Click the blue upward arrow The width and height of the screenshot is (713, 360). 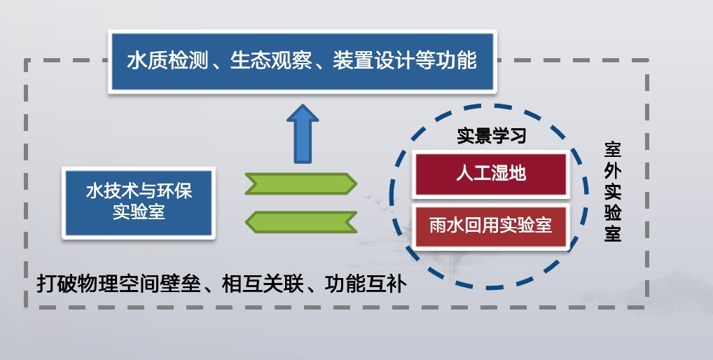[303, 133]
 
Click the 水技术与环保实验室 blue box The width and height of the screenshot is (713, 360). [138, 201]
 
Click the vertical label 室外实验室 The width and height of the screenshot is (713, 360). [613, 192]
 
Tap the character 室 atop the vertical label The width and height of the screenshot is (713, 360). [613, 149]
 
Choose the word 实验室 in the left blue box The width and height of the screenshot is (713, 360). [138, 212]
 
